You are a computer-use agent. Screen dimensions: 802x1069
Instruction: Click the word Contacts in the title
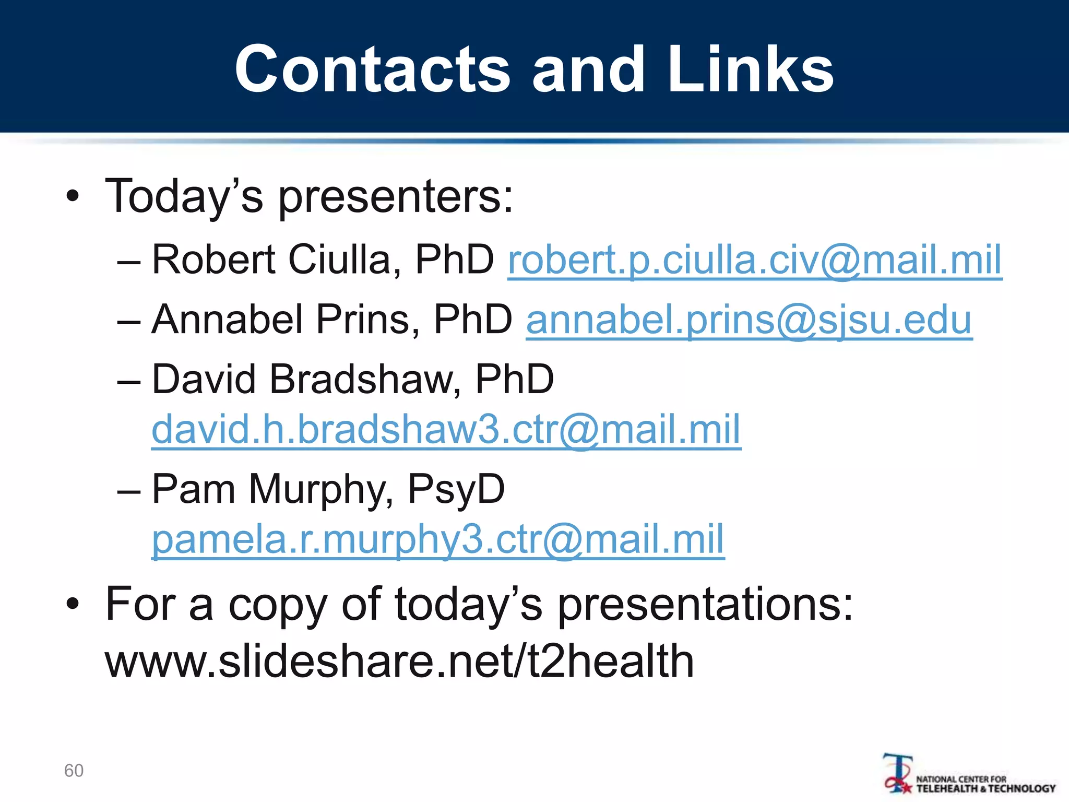click(372, 69)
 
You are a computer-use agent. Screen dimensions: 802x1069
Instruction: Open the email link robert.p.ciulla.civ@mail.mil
click(754, 260)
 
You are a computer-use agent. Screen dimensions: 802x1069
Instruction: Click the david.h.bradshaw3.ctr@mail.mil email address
click(446, 429)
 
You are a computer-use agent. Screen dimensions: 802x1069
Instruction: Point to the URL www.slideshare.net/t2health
click(399, 661)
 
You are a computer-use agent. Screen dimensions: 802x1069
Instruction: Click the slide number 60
click(74, 771)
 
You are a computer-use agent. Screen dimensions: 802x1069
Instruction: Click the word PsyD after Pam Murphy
click(456, 489)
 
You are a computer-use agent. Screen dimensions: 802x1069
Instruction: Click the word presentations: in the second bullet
click(705, 604)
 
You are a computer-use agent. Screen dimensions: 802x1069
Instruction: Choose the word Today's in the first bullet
click(184, 196)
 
